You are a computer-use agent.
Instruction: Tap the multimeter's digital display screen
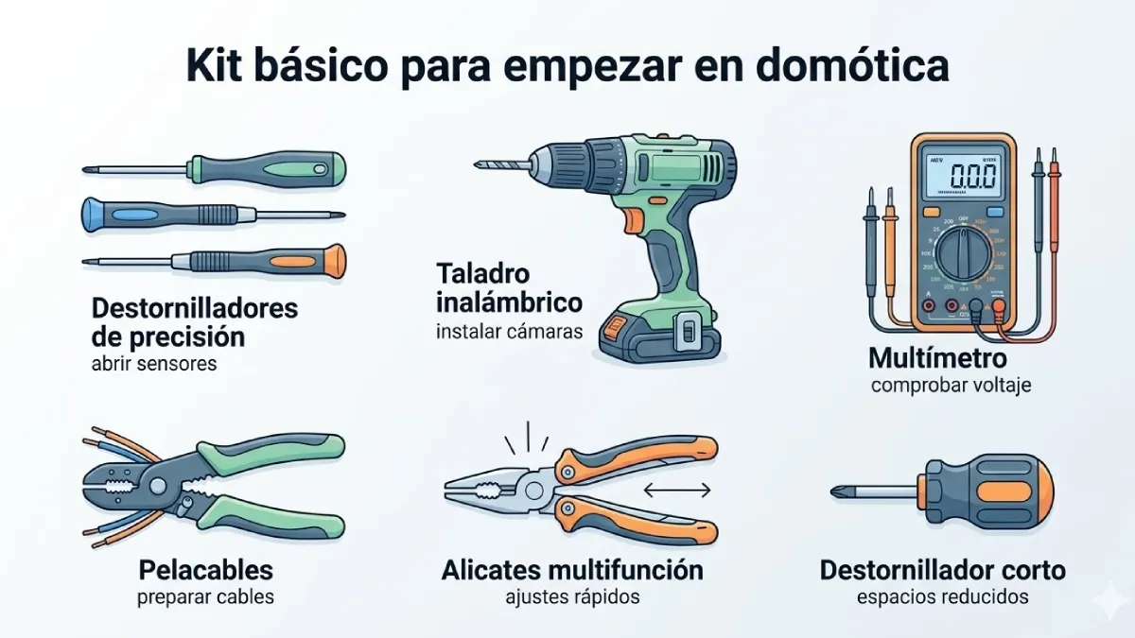coord(962,176)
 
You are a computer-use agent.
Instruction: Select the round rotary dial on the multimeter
coord(966,254)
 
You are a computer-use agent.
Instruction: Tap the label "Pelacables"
coord(205,570)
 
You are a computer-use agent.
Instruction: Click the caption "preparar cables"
coord(205,597)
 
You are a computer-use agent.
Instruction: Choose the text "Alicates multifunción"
coord(572,570)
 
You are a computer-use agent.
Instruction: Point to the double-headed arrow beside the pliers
coord(676,490)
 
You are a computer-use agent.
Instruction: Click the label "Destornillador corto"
coord(942,570)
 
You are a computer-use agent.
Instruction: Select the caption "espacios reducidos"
coord(942,597)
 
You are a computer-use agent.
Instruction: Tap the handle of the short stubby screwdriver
coord(988,491)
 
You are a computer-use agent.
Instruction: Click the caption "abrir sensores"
coord(154,363)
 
